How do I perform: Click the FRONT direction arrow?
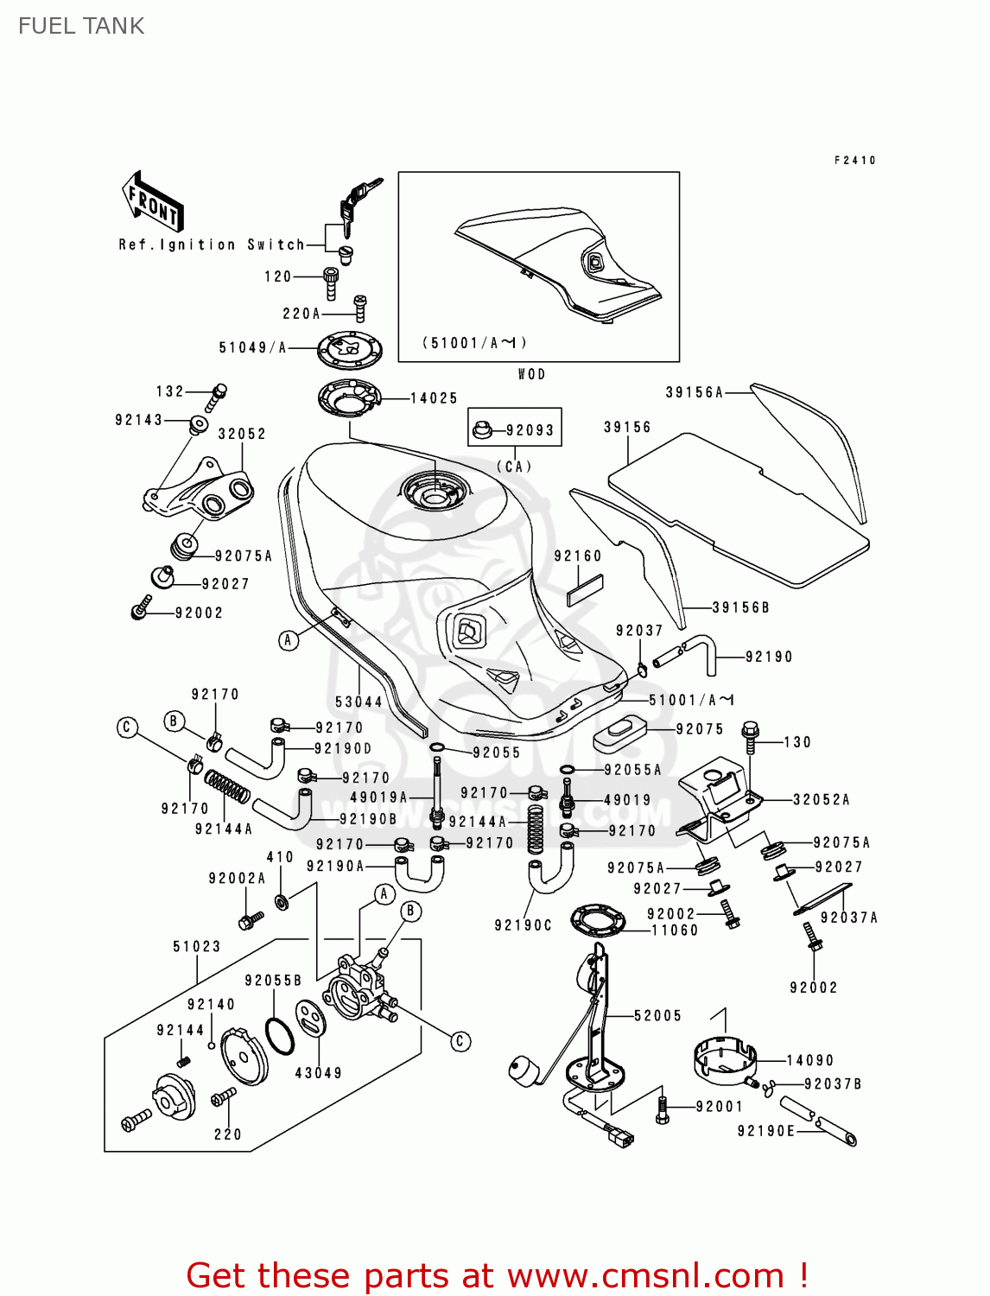coord(152,202)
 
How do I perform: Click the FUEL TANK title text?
coord(81,26)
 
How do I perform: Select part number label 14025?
coord(434,398)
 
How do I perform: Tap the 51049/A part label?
coord(252,347)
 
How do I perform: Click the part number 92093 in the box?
coord(530,429)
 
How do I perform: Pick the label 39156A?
coord(694,392)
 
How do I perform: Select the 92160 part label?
coord(578,556)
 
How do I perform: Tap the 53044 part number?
coord(359,702)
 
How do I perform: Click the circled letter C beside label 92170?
coord(127,727)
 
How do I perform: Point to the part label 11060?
coord(675,931)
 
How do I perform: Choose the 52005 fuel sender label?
coord(657,1016)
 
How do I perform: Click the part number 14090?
coord(809,1060)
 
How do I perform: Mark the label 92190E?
coord(765,1131)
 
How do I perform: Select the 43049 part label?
coord(319,1073)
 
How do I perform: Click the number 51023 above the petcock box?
coord(197,947)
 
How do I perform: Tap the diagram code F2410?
coord(855,161)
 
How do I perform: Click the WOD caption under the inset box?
coord(531,374)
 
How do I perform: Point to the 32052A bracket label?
coord(821,800)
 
